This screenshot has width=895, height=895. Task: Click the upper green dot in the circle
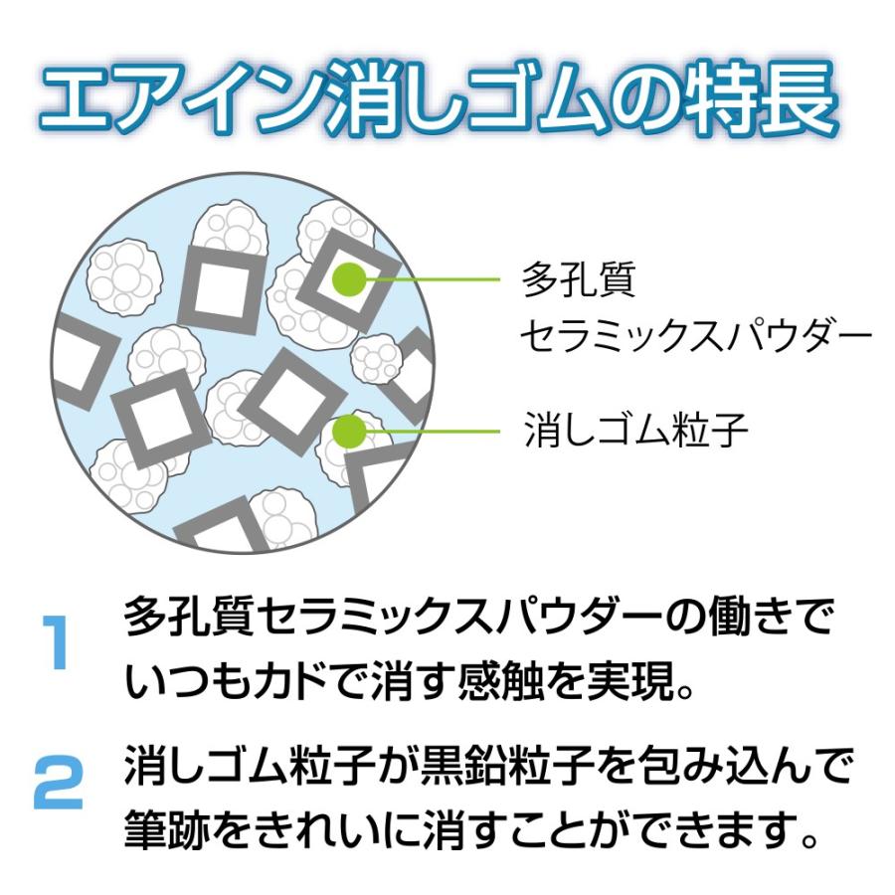(348, 279)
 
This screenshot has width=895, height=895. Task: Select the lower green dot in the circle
(348, 431)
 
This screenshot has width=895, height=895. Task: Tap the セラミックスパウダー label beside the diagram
(696, 336)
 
